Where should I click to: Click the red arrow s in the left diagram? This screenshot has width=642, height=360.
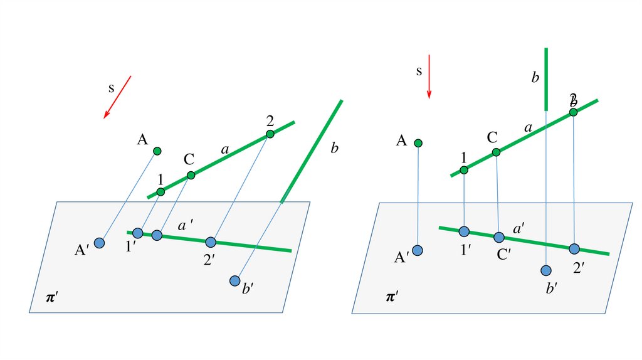[x=117, y=97]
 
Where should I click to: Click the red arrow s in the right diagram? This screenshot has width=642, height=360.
[x=429, y=76]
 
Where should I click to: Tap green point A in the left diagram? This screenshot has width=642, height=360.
[x=157, y=151]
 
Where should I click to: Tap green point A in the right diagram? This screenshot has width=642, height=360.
[x=419, y=143]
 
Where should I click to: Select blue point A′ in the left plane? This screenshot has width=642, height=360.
[x=99, y=242]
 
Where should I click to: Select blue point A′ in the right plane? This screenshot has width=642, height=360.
[x=418, y=250]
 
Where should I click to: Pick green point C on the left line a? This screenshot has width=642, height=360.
[x=191, y=175]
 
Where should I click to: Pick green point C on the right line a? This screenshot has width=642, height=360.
[x=496, y=152]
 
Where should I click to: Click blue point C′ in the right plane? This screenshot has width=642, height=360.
[x=499, y=237]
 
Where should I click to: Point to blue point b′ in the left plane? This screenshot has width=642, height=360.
[x=235, y=280]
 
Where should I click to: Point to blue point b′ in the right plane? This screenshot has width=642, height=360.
[x=546, y=270]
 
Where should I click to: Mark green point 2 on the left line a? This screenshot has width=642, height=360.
[x=270, y=134]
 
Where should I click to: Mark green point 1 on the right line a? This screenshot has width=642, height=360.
[x=464, y=170]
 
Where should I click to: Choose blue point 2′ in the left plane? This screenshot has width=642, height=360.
[x=211, y=241]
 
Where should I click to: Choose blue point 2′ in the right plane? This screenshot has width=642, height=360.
[x=574, y=248]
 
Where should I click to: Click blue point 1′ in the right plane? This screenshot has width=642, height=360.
[x=464, y=231]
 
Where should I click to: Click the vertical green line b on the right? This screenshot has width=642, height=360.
[x=546, y=78]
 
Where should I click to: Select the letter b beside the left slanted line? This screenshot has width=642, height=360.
[x=334, y=149]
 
